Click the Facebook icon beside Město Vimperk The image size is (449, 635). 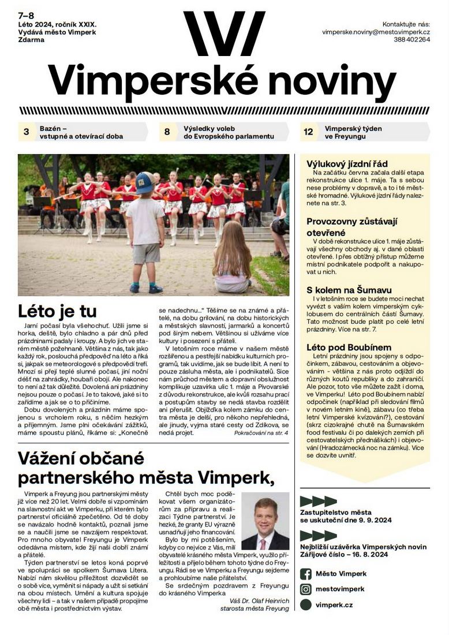pos(306,573)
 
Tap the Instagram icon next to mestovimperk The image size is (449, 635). pos(306,589)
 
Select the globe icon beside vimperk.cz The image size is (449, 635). pos(306,604)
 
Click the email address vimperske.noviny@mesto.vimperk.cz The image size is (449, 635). pos(376,32)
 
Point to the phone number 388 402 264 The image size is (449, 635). pos(412,40)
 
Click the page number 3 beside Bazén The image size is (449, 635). pos(26,132)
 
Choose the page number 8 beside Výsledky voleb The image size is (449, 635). pos(167,132)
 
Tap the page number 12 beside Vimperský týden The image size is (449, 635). pos(308,132)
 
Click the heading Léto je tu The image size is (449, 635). pos(57,312)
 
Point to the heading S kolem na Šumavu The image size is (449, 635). pos(349,289)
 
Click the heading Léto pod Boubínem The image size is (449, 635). pos(349,348)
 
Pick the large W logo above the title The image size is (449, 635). pos(224,33)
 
